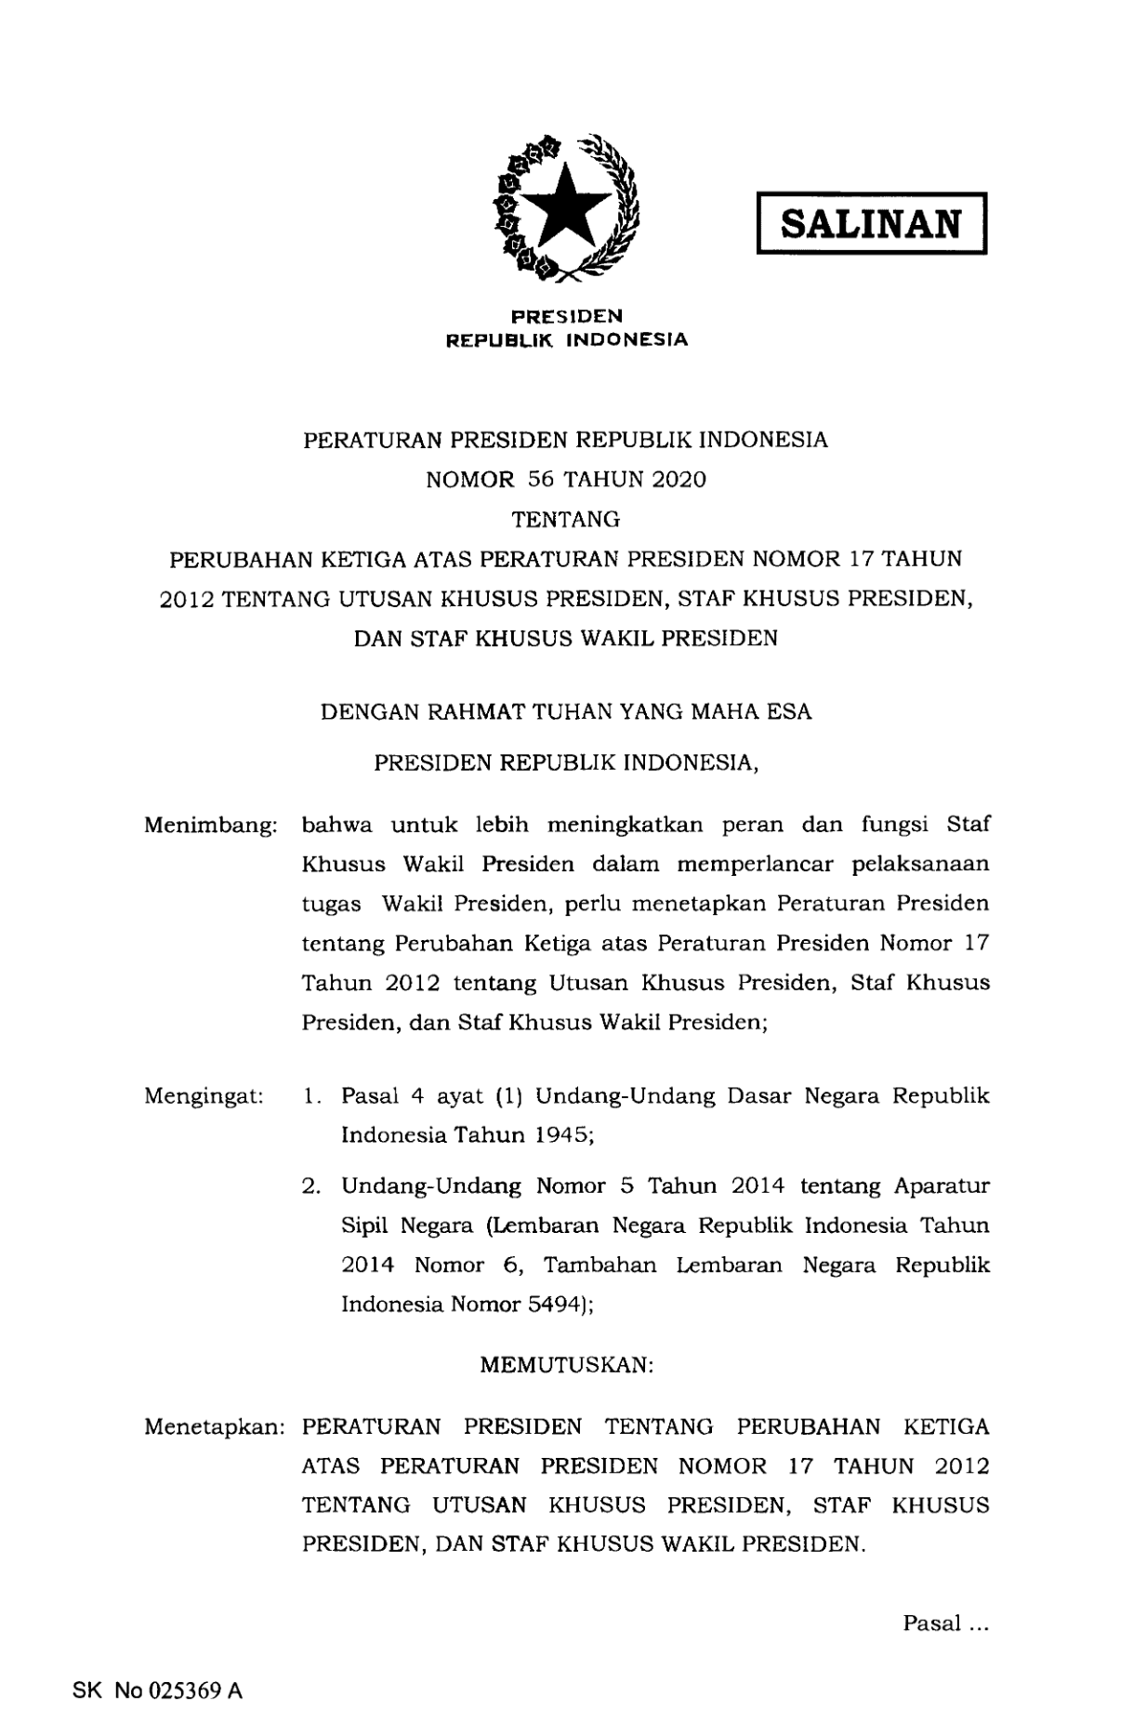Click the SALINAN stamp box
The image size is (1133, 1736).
pyautogui.click(x=872, y=224)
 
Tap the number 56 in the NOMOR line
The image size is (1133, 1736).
pyautogui.click(x=539, y=480)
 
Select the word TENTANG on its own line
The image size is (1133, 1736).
pyautogui.click(x=566, y=519)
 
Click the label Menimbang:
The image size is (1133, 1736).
pyautogui.click(x=211, y=825)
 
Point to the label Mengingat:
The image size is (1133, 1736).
pyautogui.click(x=204, y=1096)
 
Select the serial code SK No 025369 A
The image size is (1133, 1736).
pyautogui.click(x=157, y=1690)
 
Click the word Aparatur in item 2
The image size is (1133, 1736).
pyautogui.click(x=942, y=1186)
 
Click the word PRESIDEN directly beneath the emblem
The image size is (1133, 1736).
pyautogui.click(x=567, y=316)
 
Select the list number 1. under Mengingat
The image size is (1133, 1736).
pyautogui.click(x=312, y=1096)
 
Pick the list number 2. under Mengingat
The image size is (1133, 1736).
pyautogui.click(x=312, y=1186)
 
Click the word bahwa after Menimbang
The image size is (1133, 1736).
pyautogui.click(x=337, y=825)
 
